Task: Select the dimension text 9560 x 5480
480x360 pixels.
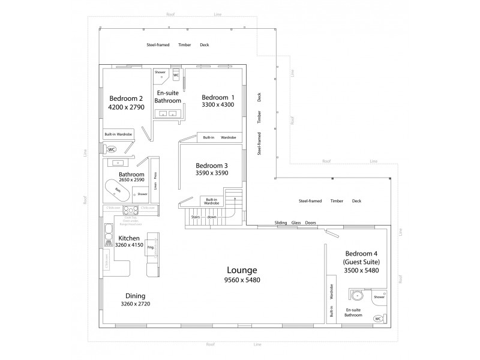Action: click(x=242, y=280)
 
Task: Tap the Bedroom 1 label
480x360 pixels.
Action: click(x=218, y=97)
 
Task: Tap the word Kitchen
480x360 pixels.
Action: click(x=129, y=238)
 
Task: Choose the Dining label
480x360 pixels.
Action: click(x=135, y=295)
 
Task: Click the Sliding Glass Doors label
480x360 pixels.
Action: click(x=295, y=223)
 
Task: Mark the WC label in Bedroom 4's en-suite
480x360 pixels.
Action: click(x=378, y=319)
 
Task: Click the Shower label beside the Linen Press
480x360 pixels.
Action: click(x=142, y=194)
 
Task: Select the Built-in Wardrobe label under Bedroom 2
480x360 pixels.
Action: click(x=118, y=134)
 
